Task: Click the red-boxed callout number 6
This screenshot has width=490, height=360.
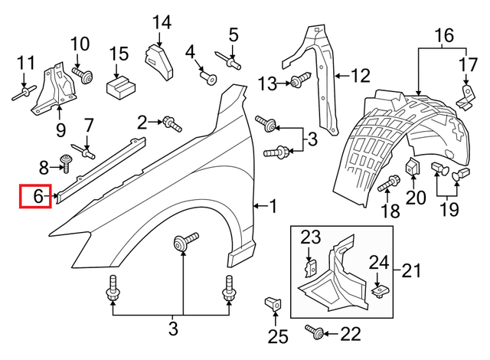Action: click(36, 197)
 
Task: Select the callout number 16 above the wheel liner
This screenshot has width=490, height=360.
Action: click(444, 35)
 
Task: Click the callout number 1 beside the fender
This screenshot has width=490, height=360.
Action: click(273, 205)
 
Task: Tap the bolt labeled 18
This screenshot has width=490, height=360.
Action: click(390, 182)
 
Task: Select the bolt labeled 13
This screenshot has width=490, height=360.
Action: click(298, 81)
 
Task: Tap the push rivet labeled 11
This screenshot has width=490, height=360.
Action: click(24, 94)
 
